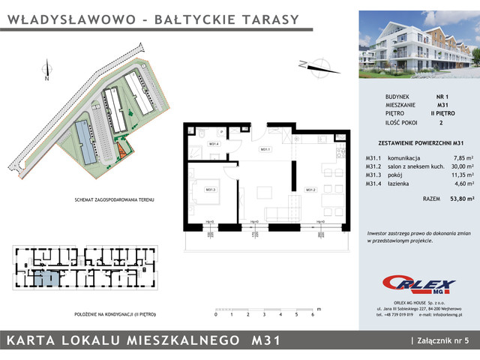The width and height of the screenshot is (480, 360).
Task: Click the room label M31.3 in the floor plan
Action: pos(210,190)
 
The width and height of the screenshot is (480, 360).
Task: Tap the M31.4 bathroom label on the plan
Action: pos(213,144)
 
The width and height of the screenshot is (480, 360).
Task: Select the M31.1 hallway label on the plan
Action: pos(265,150)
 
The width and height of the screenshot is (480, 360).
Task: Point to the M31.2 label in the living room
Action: pos(309,190)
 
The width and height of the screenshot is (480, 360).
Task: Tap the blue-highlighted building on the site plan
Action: pos(85,145)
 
